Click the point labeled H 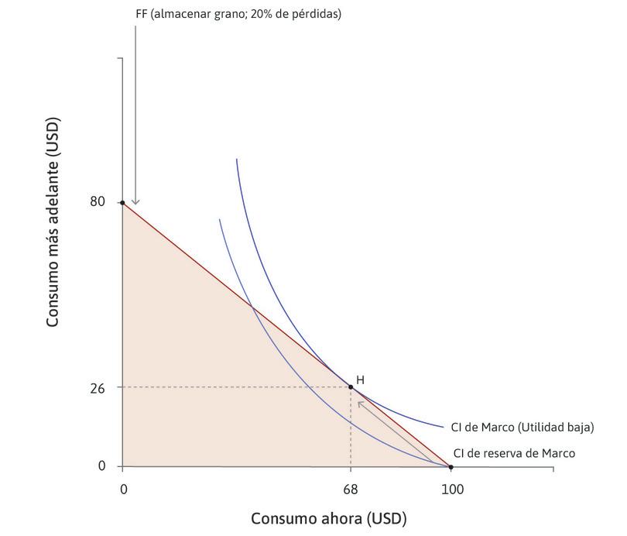tap(351, 387)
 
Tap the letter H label tap(360, 380)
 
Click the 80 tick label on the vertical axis tap(98, 202)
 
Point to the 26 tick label tap(98, 387)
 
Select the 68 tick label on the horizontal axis tap(351, 490)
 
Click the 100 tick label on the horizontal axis tap(451, 490)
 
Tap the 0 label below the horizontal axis tap(122, 490)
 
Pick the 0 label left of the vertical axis tap(101, 466)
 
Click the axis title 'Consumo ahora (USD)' tap(328, 518)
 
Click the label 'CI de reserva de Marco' tap(514, 453)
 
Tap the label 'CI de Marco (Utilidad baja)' tap(522, 427)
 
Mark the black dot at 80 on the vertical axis tap(122, 202)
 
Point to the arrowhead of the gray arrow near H tap(359, 403)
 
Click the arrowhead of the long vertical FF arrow tap(135, 203)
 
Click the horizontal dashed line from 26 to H tap(232, 387)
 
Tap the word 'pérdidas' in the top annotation tap(316, 14)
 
